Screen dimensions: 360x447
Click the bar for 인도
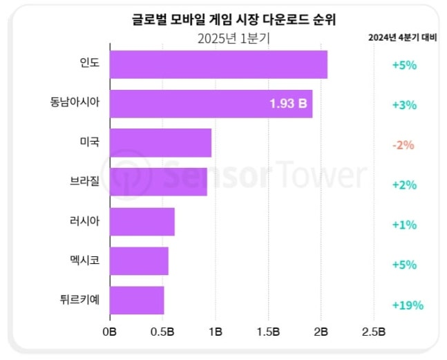(218, 64)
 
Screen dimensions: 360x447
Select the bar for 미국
(160, 143)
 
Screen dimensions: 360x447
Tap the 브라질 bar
(158, 182)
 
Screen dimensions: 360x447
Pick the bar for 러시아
(142, 222)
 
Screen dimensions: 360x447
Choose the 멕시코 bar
(139, 261)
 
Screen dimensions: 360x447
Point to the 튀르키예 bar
(137, 301)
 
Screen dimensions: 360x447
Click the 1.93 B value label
(288, 104)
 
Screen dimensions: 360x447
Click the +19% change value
(407, 305)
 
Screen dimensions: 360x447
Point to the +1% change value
(403, 225)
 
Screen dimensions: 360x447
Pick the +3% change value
(403, 105)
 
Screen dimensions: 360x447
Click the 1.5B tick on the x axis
(267, 332)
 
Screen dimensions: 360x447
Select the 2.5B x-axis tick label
(373, 332)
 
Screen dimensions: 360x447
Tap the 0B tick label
(109, 332)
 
